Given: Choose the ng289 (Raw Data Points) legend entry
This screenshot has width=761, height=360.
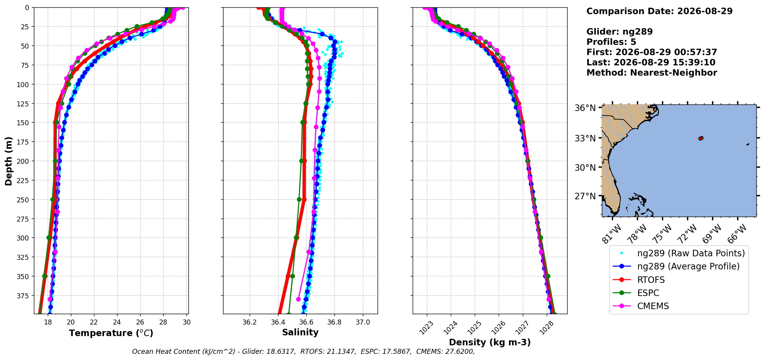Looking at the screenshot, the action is click(x=679, y=253).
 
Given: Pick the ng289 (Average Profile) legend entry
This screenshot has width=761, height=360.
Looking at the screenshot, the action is click(x=676, y=266).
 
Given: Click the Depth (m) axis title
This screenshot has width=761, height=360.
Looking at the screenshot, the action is click(x=8, y=161).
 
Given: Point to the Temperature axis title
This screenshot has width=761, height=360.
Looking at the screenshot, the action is click(x=111, y=333).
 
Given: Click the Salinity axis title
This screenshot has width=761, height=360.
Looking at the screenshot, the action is click(x=300, y=332).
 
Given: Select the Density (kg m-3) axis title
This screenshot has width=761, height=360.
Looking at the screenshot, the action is click(x=490, y=342).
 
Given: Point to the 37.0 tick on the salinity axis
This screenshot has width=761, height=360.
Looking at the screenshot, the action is click(x=363, y=322).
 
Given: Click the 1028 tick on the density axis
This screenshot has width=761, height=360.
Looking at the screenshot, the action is click(x=547, y=328).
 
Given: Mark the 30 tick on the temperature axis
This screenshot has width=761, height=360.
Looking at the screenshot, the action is click(x=186, y=322).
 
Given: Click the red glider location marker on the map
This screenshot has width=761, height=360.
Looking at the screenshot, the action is click(x=701, y=138).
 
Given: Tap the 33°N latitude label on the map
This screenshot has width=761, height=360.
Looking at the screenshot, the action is click(x=585, y=138).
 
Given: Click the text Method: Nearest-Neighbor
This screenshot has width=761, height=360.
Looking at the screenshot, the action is click(x=652, y=73).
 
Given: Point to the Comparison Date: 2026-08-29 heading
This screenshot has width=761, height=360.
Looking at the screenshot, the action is click(x=659, y=11).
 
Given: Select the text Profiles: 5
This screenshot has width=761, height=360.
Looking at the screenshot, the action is click(x=611, y=42).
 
